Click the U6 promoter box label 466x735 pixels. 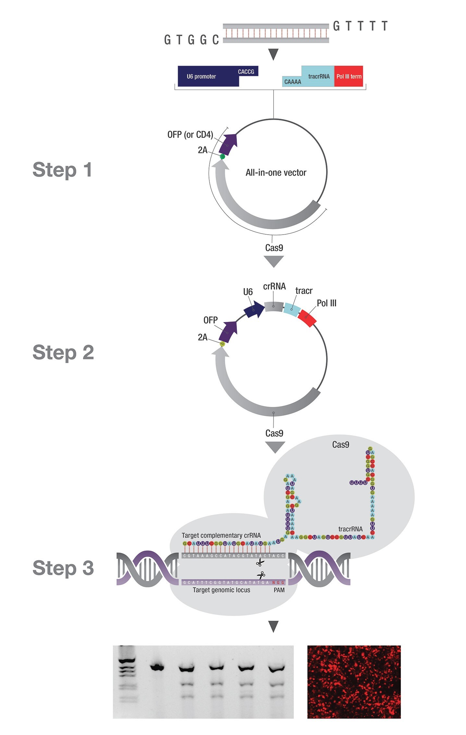pyautogui.click(x=201, y=77)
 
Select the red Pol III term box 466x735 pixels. pyautogui.click(x=349, y=77)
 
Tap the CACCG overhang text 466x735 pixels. pyautogui.click(x=246, y=72)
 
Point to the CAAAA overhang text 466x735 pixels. pyautogui.click(x=292, y=82)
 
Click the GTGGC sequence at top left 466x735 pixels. pyautogui.click(x=191, y=40)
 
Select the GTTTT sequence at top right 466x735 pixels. pyautogui.click(x=360, y=26)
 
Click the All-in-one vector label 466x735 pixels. pyautogui.click(x=276, y=173)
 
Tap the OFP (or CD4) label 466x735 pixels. pyautogui.click(x=190, y=135)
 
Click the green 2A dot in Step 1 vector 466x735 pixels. pyautogui.click(x=222, y=157)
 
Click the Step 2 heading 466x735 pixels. pyautogui.click(x=63, y=352)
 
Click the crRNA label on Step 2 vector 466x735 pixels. pyautogui.click(x=274, y=287)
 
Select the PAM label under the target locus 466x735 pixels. pyautogui.click(x=279, y=590)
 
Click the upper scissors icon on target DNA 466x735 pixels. pyautogui.click(x=260, y=562)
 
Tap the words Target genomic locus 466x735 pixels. pyautogui.click(x=221, y=590)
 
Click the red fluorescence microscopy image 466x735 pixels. pyautogui.click(x=354, y=681)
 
